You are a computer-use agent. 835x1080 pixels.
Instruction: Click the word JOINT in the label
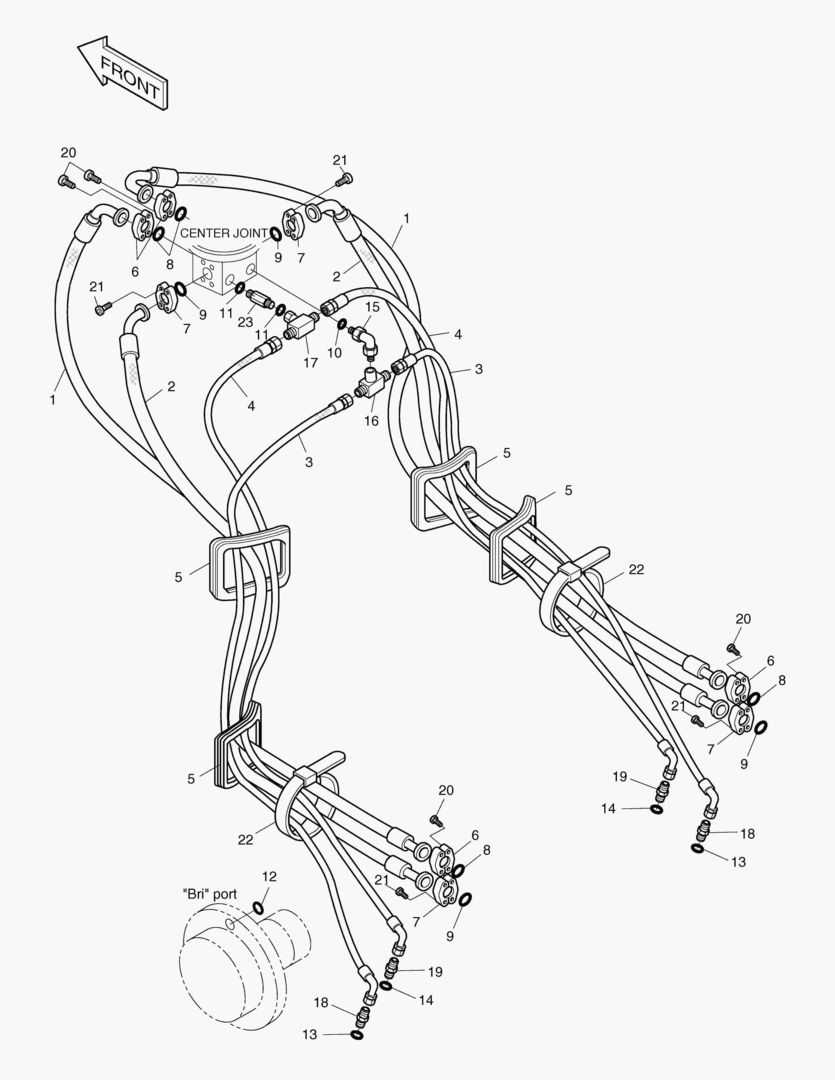coord(250,233)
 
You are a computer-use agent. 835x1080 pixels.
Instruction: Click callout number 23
coord(245,321)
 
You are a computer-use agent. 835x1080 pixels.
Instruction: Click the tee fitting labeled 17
coord(301,324)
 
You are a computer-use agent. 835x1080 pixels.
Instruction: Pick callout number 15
coord(371,307)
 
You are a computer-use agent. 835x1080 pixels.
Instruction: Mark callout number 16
coord(371,421)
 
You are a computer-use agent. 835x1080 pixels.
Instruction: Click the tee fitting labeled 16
coord(374,380)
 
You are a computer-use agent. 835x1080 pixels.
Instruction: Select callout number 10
coord(335,352)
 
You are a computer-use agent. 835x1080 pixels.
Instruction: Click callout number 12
coord(268,876)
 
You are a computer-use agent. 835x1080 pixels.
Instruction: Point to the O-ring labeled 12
coord(257,908)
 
